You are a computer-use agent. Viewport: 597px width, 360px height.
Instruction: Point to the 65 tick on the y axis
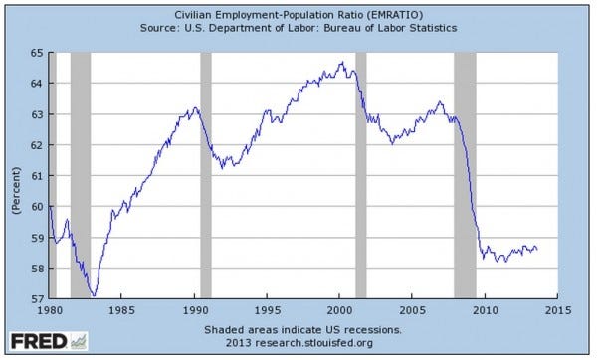pos(35,53)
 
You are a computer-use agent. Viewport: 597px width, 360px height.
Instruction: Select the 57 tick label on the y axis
pos(35,298)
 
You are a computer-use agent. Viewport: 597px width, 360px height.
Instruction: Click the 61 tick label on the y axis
pos(35,176)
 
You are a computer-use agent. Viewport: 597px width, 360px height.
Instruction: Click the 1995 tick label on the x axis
pos(266,311)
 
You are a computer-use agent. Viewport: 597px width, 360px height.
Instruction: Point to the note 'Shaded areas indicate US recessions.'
pos(302,328)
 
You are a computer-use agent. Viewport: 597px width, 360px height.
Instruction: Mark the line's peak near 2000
pos(342,62)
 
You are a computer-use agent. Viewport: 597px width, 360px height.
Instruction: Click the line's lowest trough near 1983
pos(93,296)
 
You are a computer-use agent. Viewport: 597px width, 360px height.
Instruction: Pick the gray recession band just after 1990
pos(206,175)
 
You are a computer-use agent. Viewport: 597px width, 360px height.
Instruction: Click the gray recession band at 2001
pos(360,175)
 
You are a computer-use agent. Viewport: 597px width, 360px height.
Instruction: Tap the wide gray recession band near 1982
pos(81,175)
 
